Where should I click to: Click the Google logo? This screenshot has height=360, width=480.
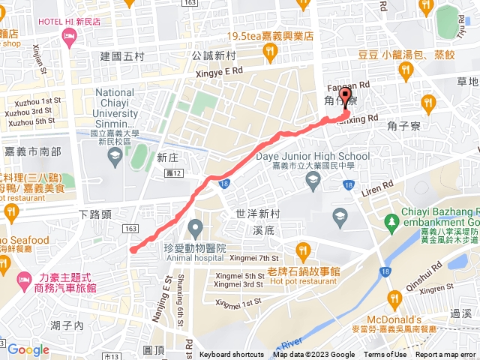point(28,349)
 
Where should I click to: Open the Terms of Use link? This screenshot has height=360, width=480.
point(385,355)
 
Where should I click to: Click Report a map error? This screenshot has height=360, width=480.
point(447,355)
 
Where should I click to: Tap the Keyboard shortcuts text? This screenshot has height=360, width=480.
point(232,355)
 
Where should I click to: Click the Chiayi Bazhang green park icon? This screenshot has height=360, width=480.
point(391,222)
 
